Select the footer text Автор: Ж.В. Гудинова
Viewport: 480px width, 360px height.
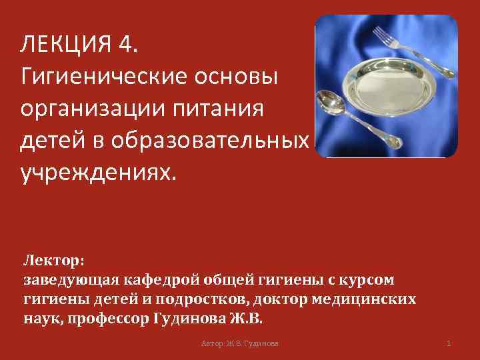click(x=240, y=343)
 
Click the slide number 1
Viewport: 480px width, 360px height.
click(x=449, y=343)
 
